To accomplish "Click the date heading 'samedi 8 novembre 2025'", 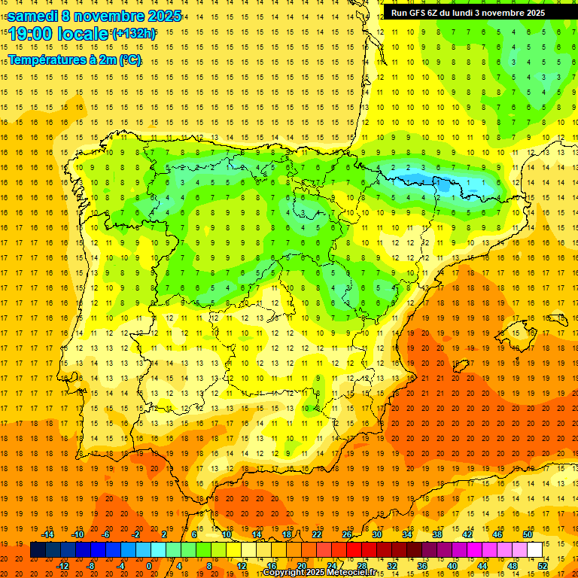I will pyautogui.click(x=94, y=16).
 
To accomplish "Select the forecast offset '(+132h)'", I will pyautogui.click(x=134, y=34).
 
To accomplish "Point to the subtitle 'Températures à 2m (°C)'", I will pyautogui.click(x=75, y=59).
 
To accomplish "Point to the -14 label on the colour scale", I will pyautogui.click(x=48, y=534).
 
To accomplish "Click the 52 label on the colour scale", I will pyautogui.click(x=543, y=566).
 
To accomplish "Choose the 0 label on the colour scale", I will pyautogui.click(x=149, y=566).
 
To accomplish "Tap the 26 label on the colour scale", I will pyautogui.click(x=347, y=534).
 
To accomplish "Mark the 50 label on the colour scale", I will pyautogui.click(x=527, y=534).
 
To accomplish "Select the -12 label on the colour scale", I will pyautogui.click(x=63, y=566).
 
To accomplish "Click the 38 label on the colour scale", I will pyautogui.click(x=437, y=534).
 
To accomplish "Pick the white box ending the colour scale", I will pyautogui.click(x=534, y=550).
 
